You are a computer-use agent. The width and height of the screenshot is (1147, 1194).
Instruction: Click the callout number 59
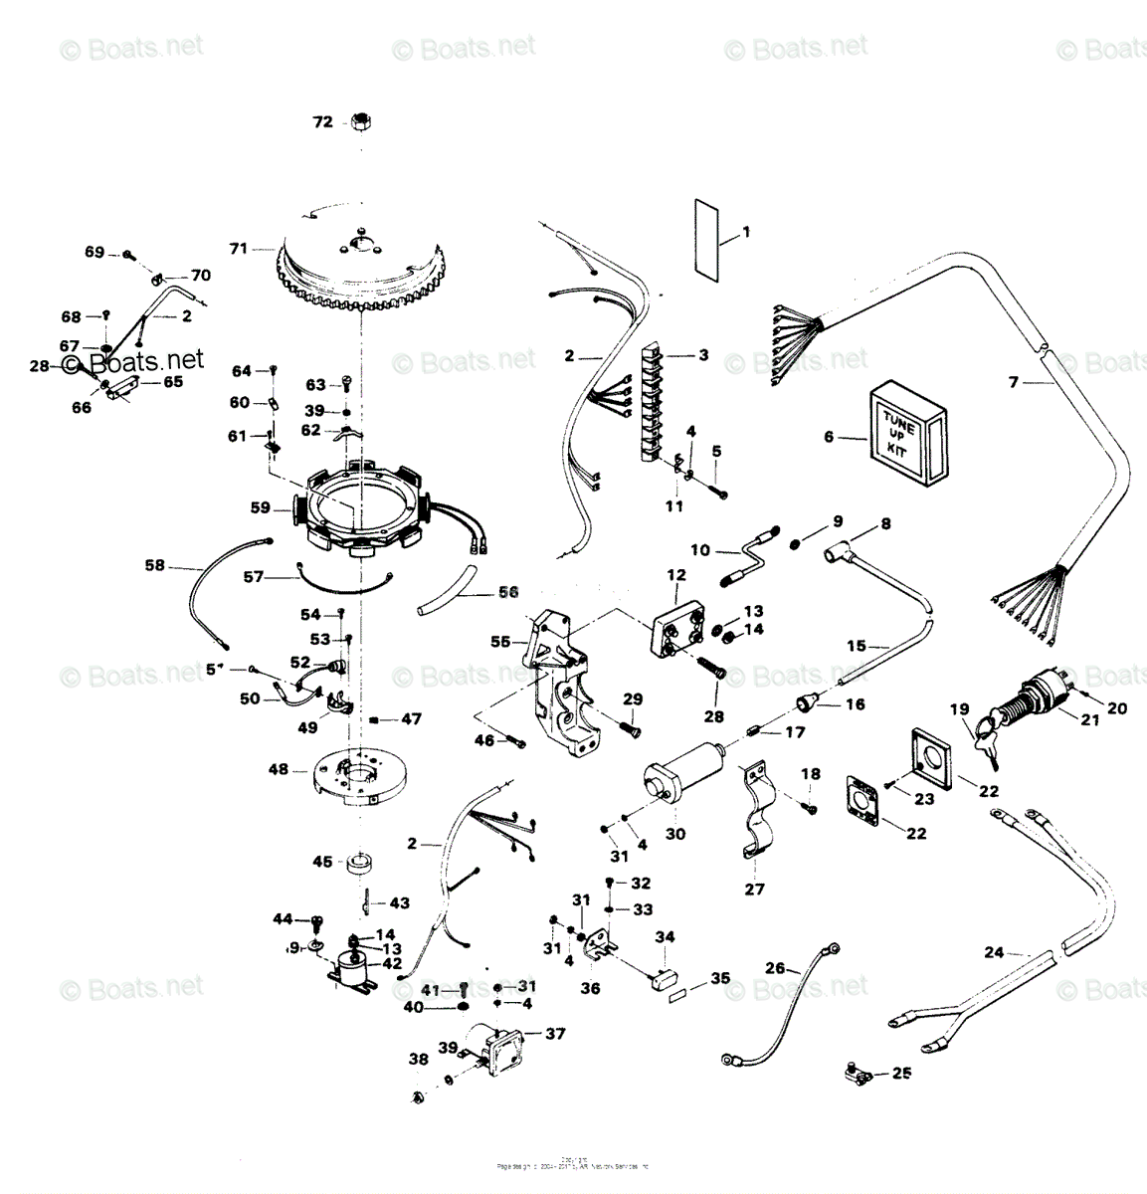click(261, 507)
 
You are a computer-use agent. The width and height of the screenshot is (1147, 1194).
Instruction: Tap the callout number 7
click(1014, 382)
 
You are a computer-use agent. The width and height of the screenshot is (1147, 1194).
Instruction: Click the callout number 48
click(279, 769)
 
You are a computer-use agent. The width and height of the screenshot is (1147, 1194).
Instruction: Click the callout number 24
click(994, 952)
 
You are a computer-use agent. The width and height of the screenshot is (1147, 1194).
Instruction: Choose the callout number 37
click(554, 1034)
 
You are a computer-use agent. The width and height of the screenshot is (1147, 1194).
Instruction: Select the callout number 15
click(857, 646)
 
